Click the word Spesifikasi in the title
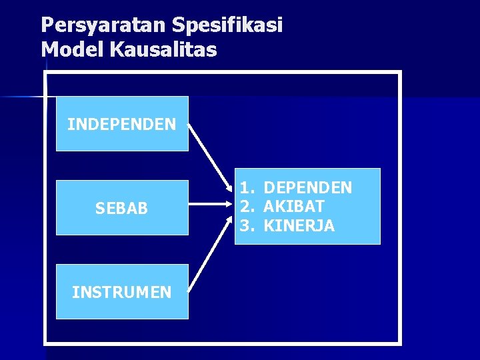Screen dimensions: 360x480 coord(227,25)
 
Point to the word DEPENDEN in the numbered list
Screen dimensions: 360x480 coord(307,188)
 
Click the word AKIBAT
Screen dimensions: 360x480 coord(294,207)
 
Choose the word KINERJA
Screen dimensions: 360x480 coord(299,226)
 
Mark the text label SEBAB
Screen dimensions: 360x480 coord(122,209)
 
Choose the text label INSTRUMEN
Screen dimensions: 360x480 coord(122,292)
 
